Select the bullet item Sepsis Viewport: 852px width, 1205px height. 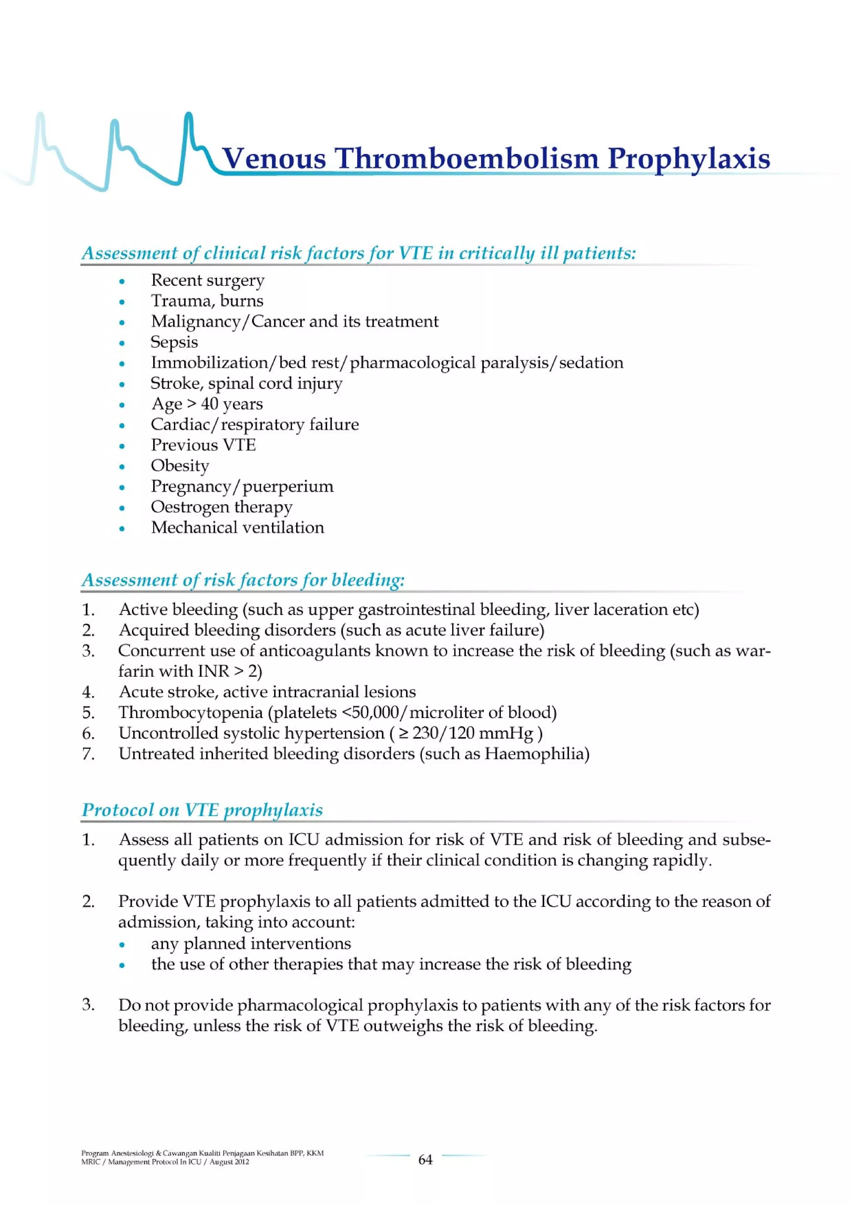tap(174, 342)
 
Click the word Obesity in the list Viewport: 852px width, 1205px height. tap(180, 465)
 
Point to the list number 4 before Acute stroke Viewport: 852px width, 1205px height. tap(88, 692)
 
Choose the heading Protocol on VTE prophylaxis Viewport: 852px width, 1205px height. tap(202, 810)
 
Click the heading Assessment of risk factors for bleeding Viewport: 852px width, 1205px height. tap(243, 580)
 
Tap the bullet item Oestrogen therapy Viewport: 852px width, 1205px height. tap(222, 507)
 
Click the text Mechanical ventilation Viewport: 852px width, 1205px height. tap(237, 527)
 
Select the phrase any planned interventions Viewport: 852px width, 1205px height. tap(251, 943)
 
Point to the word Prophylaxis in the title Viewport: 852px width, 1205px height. tap(688, 158)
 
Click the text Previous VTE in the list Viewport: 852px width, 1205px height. tap(203, 445)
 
